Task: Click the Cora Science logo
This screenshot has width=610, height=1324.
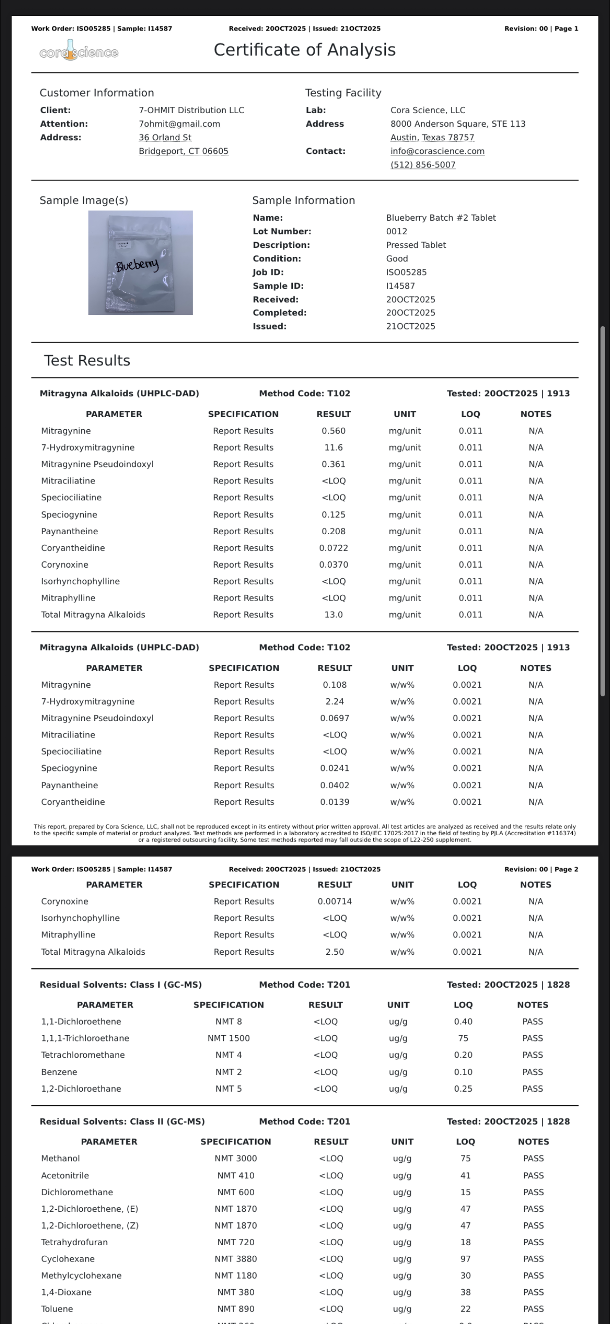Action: click(x=79, y=52)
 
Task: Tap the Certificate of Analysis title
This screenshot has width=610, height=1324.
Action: click(x=305, y=50)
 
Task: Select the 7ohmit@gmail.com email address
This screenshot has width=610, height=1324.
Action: click(x=180, y=124)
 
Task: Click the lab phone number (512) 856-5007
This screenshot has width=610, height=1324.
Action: click(x=423, y=165)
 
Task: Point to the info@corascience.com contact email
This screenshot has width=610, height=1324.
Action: click(x=437, y=151)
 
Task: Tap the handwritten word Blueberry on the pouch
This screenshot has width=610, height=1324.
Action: click(x=137, y=265)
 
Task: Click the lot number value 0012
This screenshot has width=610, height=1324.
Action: click(x=396, y=231)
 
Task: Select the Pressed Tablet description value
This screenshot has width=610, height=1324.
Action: click(x=415, y=245)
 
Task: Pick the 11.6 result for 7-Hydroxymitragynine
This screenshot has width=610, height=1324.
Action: click(x=333, y=448)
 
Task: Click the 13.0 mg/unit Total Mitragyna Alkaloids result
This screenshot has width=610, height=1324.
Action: click(x=333, y=615)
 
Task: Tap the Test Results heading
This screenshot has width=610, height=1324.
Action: click(x=87, y=361)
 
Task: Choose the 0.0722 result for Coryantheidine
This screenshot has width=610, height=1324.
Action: click(x=333, y=548)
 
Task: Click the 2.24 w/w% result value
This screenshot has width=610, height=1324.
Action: click(x=335, y=702)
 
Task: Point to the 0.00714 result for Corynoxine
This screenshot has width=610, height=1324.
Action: click(x=335, y=902)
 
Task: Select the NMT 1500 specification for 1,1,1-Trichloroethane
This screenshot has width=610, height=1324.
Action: click(x=229, y=1038)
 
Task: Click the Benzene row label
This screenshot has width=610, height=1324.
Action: click(x=59, y=1072)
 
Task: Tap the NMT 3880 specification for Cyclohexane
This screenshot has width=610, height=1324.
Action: click(x=236, y=1259)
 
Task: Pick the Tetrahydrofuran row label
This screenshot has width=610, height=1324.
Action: click(x=75, y=1242)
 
